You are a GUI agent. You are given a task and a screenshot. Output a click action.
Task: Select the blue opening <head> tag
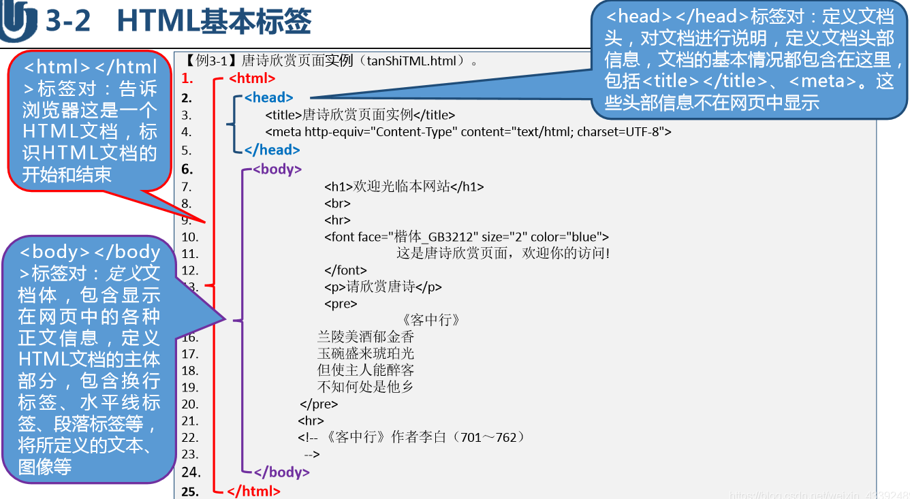coord(268,97)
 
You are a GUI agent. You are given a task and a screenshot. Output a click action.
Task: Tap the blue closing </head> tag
coord(272,150)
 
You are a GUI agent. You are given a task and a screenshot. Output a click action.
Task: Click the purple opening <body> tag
coord(277,169)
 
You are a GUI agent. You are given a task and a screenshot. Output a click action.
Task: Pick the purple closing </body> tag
coord(281,472)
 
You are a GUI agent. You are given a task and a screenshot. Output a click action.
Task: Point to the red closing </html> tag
coord(253,490)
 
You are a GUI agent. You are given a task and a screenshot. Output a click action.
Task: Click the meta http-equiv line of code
coord(468,132)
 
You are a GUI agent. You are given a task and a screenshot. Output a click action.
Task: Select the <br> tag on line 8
coord(337,204)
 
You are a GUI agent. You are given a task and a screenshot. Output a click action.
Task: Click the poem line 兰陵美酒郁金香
coord(366,337)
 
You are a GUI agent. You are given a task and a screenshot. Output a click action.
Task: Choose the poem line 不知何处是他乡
coord(366,387)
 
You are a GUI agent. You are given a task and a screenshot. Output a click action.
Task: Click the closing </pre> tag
coord(319,404)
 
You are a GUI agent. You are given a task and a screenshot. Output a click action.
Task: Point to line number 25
coord(190,491)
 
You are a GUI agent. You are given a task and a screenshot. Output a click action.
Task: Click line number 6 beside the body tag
coord(187,170)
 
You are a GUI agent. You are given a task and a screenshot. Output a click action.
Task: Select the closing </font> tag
coord(345,270)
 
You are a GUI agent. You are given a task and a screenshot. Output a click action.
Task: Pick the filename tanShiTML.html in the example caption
coord(411,61)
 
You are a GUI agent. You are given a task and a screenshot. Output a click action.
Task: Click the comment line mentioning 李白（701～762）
coord(411,438)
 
